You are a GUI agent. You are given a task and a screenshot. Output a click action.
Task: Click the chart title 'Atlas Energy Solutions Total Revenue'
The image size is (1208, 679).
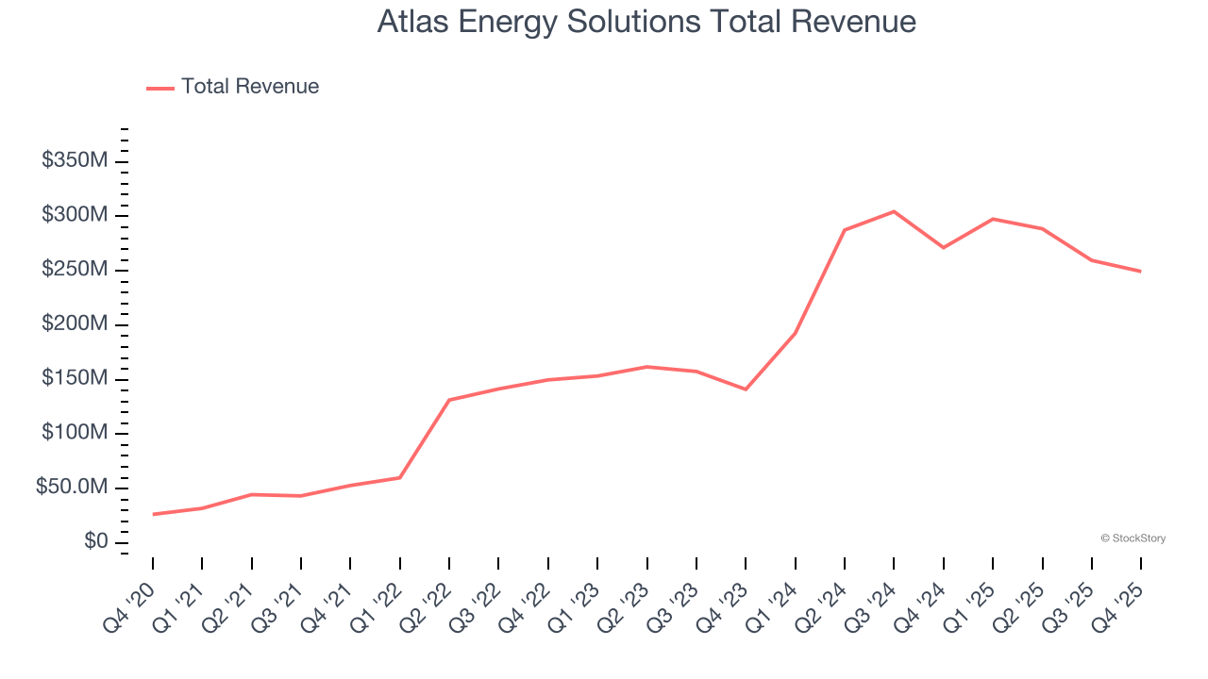tap(646, 22)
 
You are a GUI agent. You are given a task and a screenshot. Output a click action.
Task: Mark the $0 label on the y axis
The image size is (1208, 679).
tap(95, 542)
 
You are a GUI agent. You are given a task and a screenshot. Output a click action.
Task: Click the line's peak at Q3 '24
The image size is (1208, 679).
tap(894, 211)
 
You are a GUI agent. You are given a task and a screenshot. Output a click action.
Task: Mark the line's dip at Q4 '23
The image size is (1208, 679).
tap(746, 389)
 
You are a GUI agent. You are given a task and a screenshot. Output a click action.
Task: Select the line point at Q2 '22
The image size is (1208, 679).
tap(449, 400)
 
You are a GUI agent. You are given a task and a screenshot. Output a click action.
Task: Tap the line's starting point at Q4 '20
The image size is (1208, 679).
tap(153, 514)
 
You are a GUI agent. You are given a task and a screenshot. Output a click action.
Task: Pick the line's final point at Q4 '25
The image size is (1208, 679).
tap(1141, 272)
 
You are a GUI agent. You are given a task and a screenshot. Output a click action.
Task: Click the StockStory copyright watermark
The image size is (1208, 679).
tap(1133, 538)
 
